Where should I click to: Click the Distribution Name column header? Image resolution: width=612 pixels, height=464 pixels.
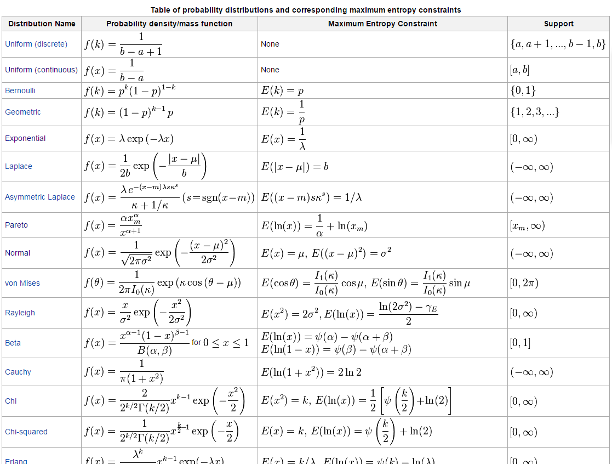(x=42, y=24)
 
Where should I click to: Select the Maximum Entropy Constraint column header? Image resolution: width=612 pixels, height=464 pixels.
(x=382, y=24)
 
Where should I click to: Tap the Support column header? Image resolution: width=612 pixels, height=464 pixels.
(x=558, y=24)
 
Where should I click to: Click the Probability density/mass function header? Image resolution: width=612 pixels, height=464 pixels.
(x=169, y=24)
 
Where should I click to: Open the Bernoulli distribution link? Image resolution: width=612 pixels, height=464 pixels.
(x=20, y=90)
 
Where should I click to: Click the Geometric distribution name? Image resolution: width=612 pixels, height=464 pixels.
(x=23, y=112)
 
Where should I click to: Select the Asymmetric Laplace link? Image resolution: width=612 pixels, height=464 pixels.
(x=40, y=197)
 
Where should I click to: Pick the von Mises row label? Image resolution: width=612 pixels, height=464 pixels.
(x=22, y=283)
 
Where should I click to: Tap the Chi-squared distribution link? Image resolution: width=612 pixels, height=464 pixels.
(x=26, y=432)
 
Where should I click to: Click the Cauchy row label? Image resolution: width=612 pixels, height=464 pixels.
(x=18, y=372)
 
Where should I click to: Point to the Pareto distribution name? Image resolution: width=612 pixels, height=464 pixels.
(x=16, y=225)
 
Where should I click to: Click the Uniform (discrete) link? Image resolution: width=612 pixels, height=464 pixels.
(x=36, y=44)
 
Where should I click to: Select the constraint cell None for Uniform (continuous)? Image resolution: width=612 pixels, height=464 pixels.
(x=270, y=70)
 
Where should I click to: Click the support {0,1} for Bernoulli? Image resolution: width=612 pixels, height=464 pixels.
(x=523, y=90)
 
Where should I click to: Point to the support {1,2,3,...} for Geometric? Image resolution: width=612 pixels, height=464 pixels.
(x=534, y=112)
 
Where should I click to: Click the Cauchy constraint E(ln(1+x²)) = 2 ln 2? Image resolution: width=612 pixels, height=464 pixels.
(x=311, y=372)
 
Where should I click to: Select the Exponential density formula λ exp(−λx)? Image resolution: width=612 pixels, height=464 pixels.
(x=129, y=139)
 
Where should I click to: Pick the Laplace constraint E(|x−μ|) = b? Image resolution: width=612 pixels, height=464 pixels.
(x=295, y=167)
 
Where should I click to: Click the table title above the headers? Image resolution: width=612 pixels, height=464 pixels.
(x=306, y=10)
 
